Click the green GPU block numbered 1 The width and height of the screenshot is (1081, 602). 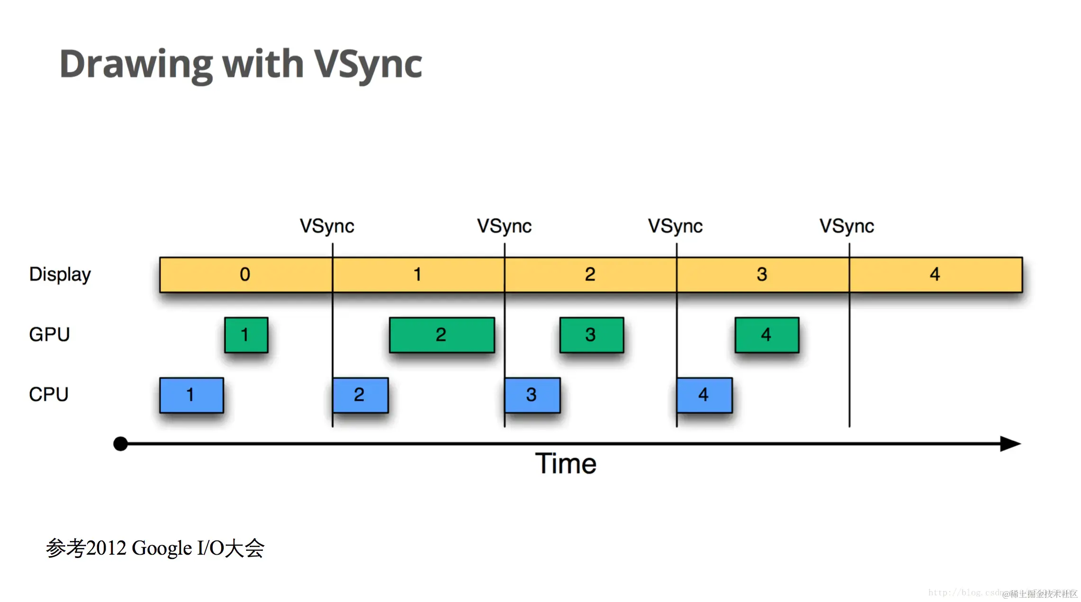[x=246, y=335]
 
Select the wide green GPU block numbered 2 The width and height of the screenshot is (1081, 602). [x=441, y=335]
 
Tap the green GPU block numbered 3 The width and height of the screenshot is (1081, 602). [x=591, y=335]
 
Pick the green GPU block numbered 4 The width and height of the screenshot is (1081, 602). [x=766, y=335]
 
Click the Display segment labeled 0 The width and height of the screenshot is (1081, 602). [x=246, y=274]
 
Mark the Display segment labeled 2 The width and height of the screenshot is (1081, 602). [x=590, y=274]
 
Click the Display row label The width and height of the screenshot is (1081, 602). [x=60, y=274]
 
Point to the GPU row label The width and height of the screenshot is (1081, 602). [x=49, y=335]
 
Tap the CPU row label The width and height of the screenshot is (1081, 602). [x=49, y=394]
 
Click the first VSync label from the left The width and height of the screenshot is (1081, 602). [x=327, y=226]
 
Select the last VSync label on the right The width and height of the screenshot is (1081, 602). [x=847, y=226]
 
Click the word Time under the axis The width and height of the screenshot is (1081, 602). [x=566, y=464]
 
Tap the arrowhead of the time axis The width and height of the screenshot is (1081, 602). [x=1010, y=444]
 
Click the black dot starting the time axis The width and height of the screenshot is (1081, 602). [x=121, y=444]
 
